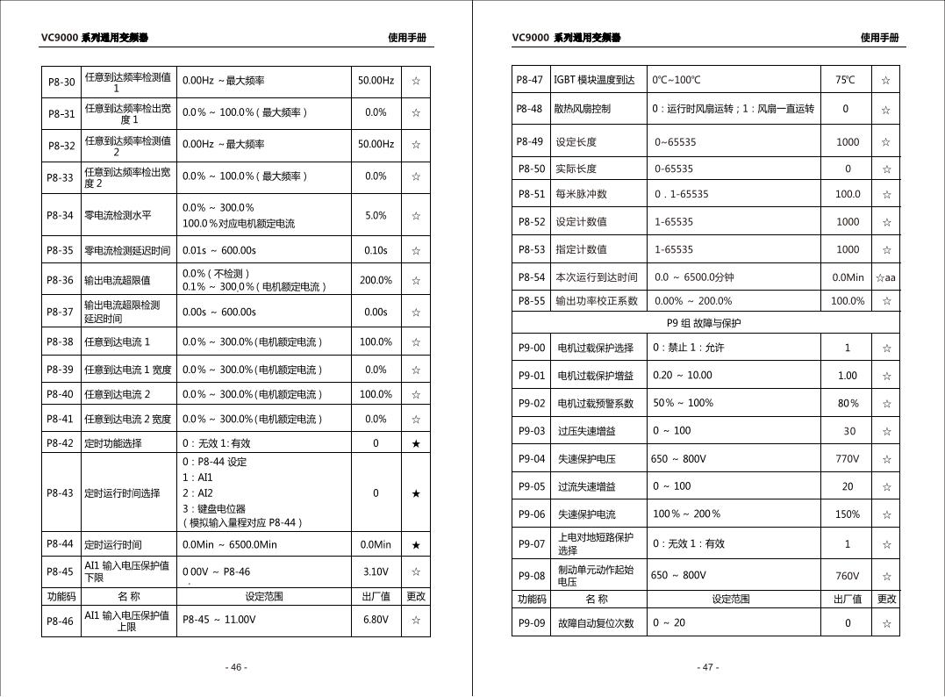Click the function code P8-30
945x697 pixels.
[61, 82]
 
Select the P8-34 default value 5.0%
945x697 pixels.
[376, 215]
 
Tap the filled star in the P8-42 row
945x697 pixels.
[416, 443]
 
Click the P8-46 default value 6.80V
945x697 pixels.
[376, 620]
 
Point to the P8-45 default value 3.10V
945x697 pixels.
[376, 572]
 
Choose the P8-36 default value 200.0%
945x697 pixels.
[376, 280]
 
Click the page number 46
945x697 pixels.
[236, 667]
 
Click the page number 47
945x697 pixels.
[708, 667]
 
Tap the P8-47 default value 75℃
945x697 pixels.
[845, 80]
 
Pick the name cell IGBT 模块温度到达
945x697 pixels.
[594, 80]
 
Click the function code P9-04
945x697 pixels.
[531, 459]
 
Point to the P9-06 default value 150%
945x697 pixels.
[847, 514]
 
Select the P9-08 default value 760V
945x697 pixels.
[847, 577]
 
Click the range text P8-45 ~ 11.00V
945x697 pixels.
[218, 620]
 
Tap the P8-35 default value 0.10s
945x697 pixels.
[376, 251]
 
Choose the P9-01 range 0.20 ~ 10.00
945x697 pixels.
[682, 376]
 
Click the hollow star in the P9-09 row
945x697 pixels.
[886, 624]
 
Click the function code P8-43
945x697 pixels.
[61, 493]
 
